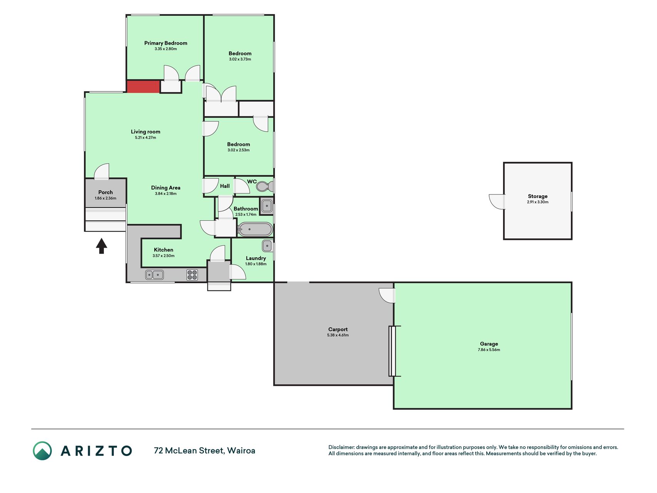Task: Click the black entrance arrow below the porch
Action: (101, 246)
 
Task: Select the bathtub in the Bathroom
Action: (255, 229)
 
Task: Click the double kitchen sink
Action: (154, 275)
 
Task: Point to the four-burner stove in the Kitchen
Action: (192, 275)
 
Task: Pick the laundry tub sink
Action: (267, 245)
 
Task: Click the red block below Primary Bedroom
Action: (143, 87)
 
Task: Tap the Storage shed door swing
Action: (497, 201)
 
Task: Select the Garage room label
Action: (489, 344)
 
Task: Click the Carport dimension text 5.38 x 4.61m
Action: (338, 335)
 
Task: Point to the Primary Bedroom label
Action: (166, 43)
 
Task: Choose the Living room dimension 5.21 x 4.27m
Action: (145, 138)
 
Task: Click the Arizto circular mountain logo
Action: (42, 451)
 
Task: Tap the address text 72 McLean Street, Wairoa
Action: (204, 451)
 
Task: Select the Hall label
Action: (225, 186)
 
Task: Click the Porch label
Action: (105, 192)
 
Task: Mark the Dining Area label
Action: (166, 188)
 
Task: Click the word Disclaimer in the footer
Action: (341, 447)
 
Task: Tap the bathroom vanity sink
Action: (267, 206)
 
